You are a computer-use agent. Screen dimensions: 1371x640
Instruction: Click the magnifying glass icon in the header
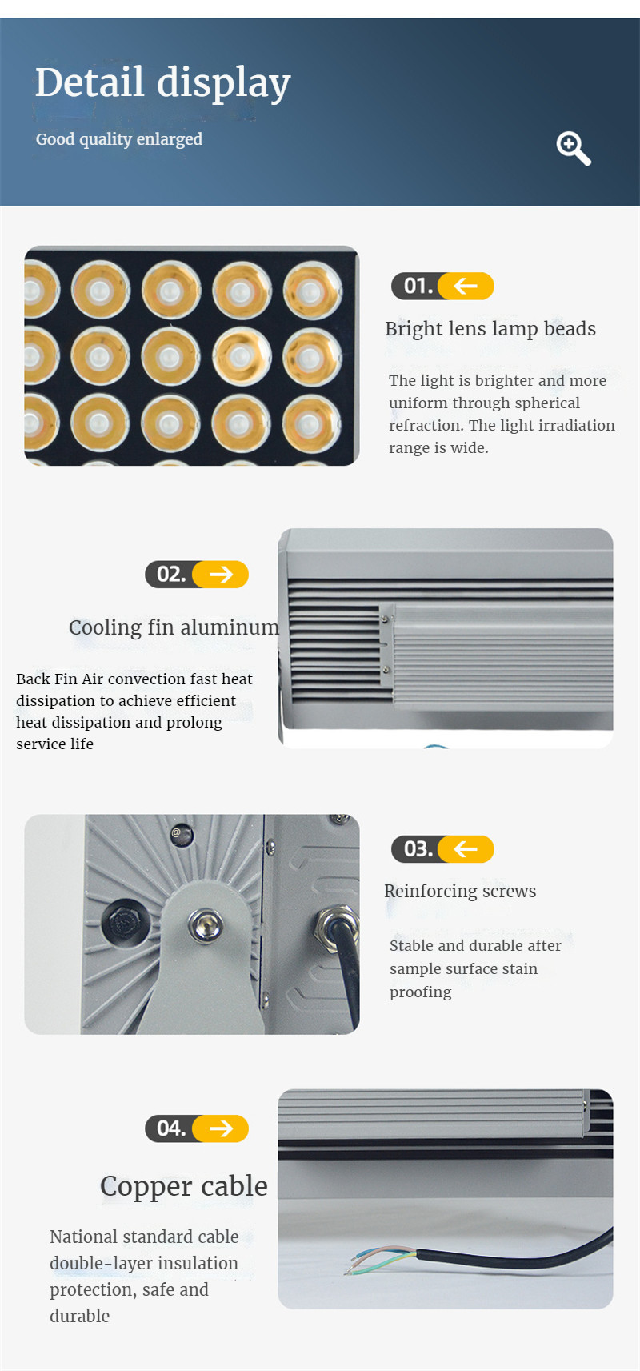coord(573,149)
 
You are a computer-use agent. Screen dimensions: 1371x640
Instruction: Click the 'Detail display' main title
coord(162,82)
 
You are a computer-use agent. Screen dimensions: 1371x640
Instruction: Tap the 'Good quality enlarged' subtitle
coord(119,139)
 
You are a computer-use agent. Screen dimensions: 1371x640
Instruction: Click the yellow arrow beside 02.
coord(221,574)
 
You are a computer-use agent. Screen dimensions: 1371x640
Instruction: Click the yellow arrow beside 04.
coord(221,1128)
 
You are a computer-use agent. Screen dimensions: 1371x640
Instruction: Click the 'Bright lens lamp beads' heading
coord(490,329)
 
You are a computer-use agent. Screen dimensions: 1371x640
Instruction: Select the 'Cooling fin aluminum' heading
coord(174,627)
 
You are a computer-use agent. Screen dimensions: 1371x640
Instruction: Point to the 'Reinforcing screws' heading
coord(460,891)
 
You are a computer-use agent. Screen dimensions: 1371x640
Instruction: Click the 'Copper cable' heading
coord(183,1185)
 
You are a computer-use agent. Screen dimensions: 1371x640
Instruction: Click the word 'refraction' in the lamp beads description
coord(425,426)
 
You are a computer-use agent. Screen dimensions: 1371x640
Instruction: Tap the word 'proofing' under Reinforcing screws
coord(420,992)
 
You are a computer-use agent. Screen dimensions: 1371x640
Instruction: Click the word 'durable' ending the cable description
coord(79,1317)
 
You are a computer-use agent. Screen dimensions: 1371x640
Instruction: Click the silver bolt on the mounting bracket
coord(206,925)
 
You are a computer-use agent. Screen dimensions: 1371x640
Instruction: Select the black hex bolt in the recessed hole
coord(123,923)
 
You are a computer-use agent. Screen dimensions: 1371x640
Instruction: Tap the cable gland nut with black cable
coord(335,924)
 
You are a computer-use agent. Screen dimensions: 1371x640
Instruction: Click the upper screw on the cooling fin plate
coord(386,619)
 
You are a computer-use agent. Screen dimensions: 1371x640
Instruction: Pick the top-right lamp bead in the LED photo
coord(313,290)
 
